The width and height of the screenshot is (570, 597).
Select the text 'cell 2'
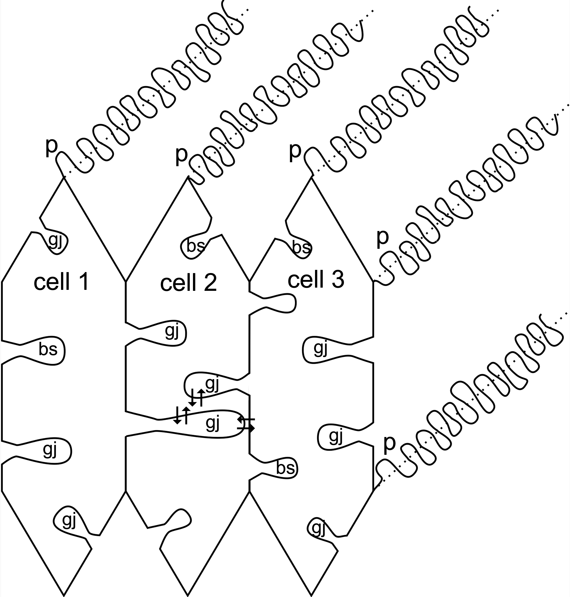[188, 283]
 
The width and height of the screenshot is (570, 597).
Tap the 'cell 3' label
[316, 279]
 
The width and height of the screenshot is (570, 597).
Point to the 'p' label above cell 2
[181, 155]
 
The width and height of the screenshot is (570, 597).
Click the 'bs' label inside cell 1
[48, 349]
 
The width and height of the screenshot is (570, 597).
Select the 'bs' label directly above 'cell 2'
[195, 246]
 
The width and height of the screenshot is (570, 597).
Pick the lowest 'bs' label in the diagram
[285, 468]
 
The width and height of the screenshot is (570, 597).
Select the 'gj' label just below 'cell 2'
[172, 331]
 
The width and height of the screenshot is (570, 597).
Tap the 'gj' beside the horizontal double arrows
[212, 423]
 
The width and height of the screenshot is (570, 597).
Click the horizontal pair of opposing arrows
[246, 424]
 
